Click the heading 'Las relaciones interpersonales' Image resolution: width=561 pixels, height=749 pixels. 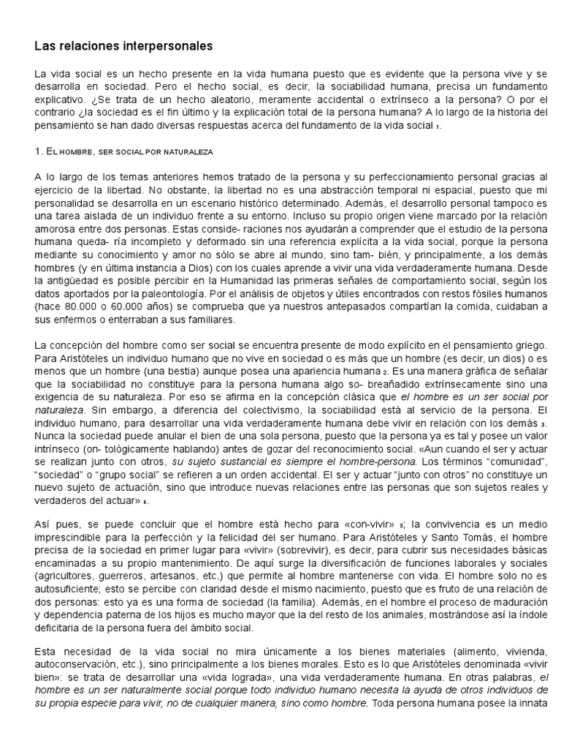pyautogui.click(x=123, y=46)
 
